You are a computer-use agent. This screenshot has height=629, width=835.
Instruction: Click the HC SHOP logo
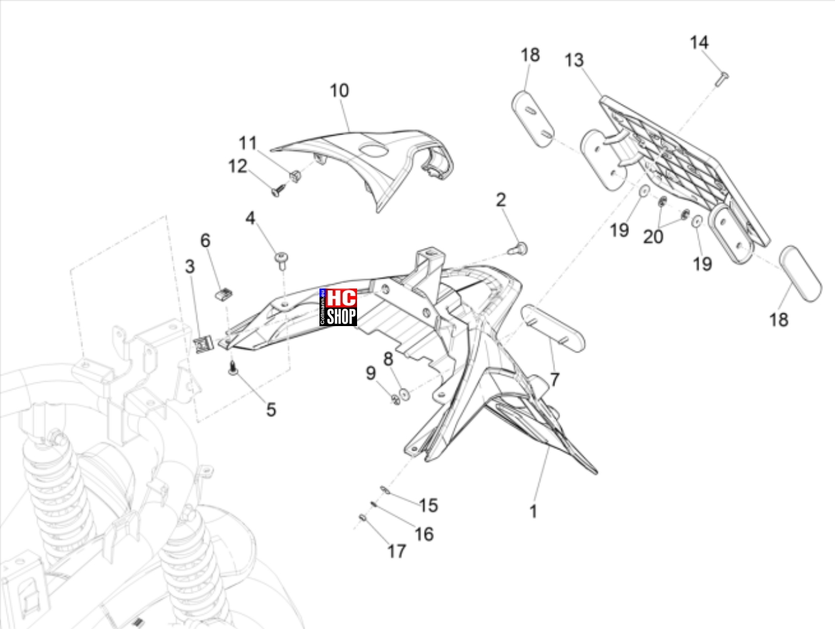[338, 307]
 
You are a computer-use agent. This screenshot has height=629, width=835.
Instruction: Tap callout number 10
[340, 91]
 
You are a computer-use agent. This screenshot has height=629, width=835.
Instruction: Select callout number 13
[574, 61]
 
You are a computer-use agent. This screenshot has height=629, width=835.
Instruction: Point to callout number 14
[699, 43]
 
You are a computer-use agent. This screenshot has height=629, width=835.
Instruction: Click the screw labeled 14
[722, 79]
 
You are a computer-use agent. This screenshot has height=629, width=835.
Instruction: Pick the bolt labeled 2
[519, 249]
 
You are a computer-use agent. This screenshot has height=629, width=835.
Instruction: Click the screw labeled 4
[281, 261]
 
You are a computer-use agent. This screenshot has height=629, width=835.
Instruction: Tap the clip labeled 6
[224, 294]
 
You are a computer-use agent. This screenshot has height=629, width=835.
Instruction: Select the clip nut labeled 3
[204, 344]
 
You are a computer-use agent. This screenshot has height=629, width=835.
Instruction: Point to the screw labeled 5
[233, 368]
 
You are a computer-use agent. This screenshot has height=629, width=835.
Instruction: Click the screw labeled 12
[279, 190]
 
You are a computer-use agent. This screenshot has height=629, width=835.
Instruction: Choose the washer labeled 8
[405, 394]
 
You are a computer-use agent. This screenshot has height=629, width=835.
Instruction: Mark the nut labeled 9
[396, 399]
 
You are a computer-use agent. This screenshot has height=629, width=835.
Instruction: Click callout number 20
[653, 237]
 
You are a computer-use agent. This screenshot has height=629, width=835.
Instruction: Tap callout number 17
[397, 551]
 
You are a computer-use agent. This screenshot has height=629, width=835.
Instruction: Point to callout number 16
[424, 534]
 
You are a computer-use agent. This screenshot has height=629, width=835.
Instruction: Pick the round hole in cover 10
[374, 151]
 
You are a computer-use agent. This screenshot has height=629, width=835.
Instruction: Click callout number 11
[247, 144]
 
